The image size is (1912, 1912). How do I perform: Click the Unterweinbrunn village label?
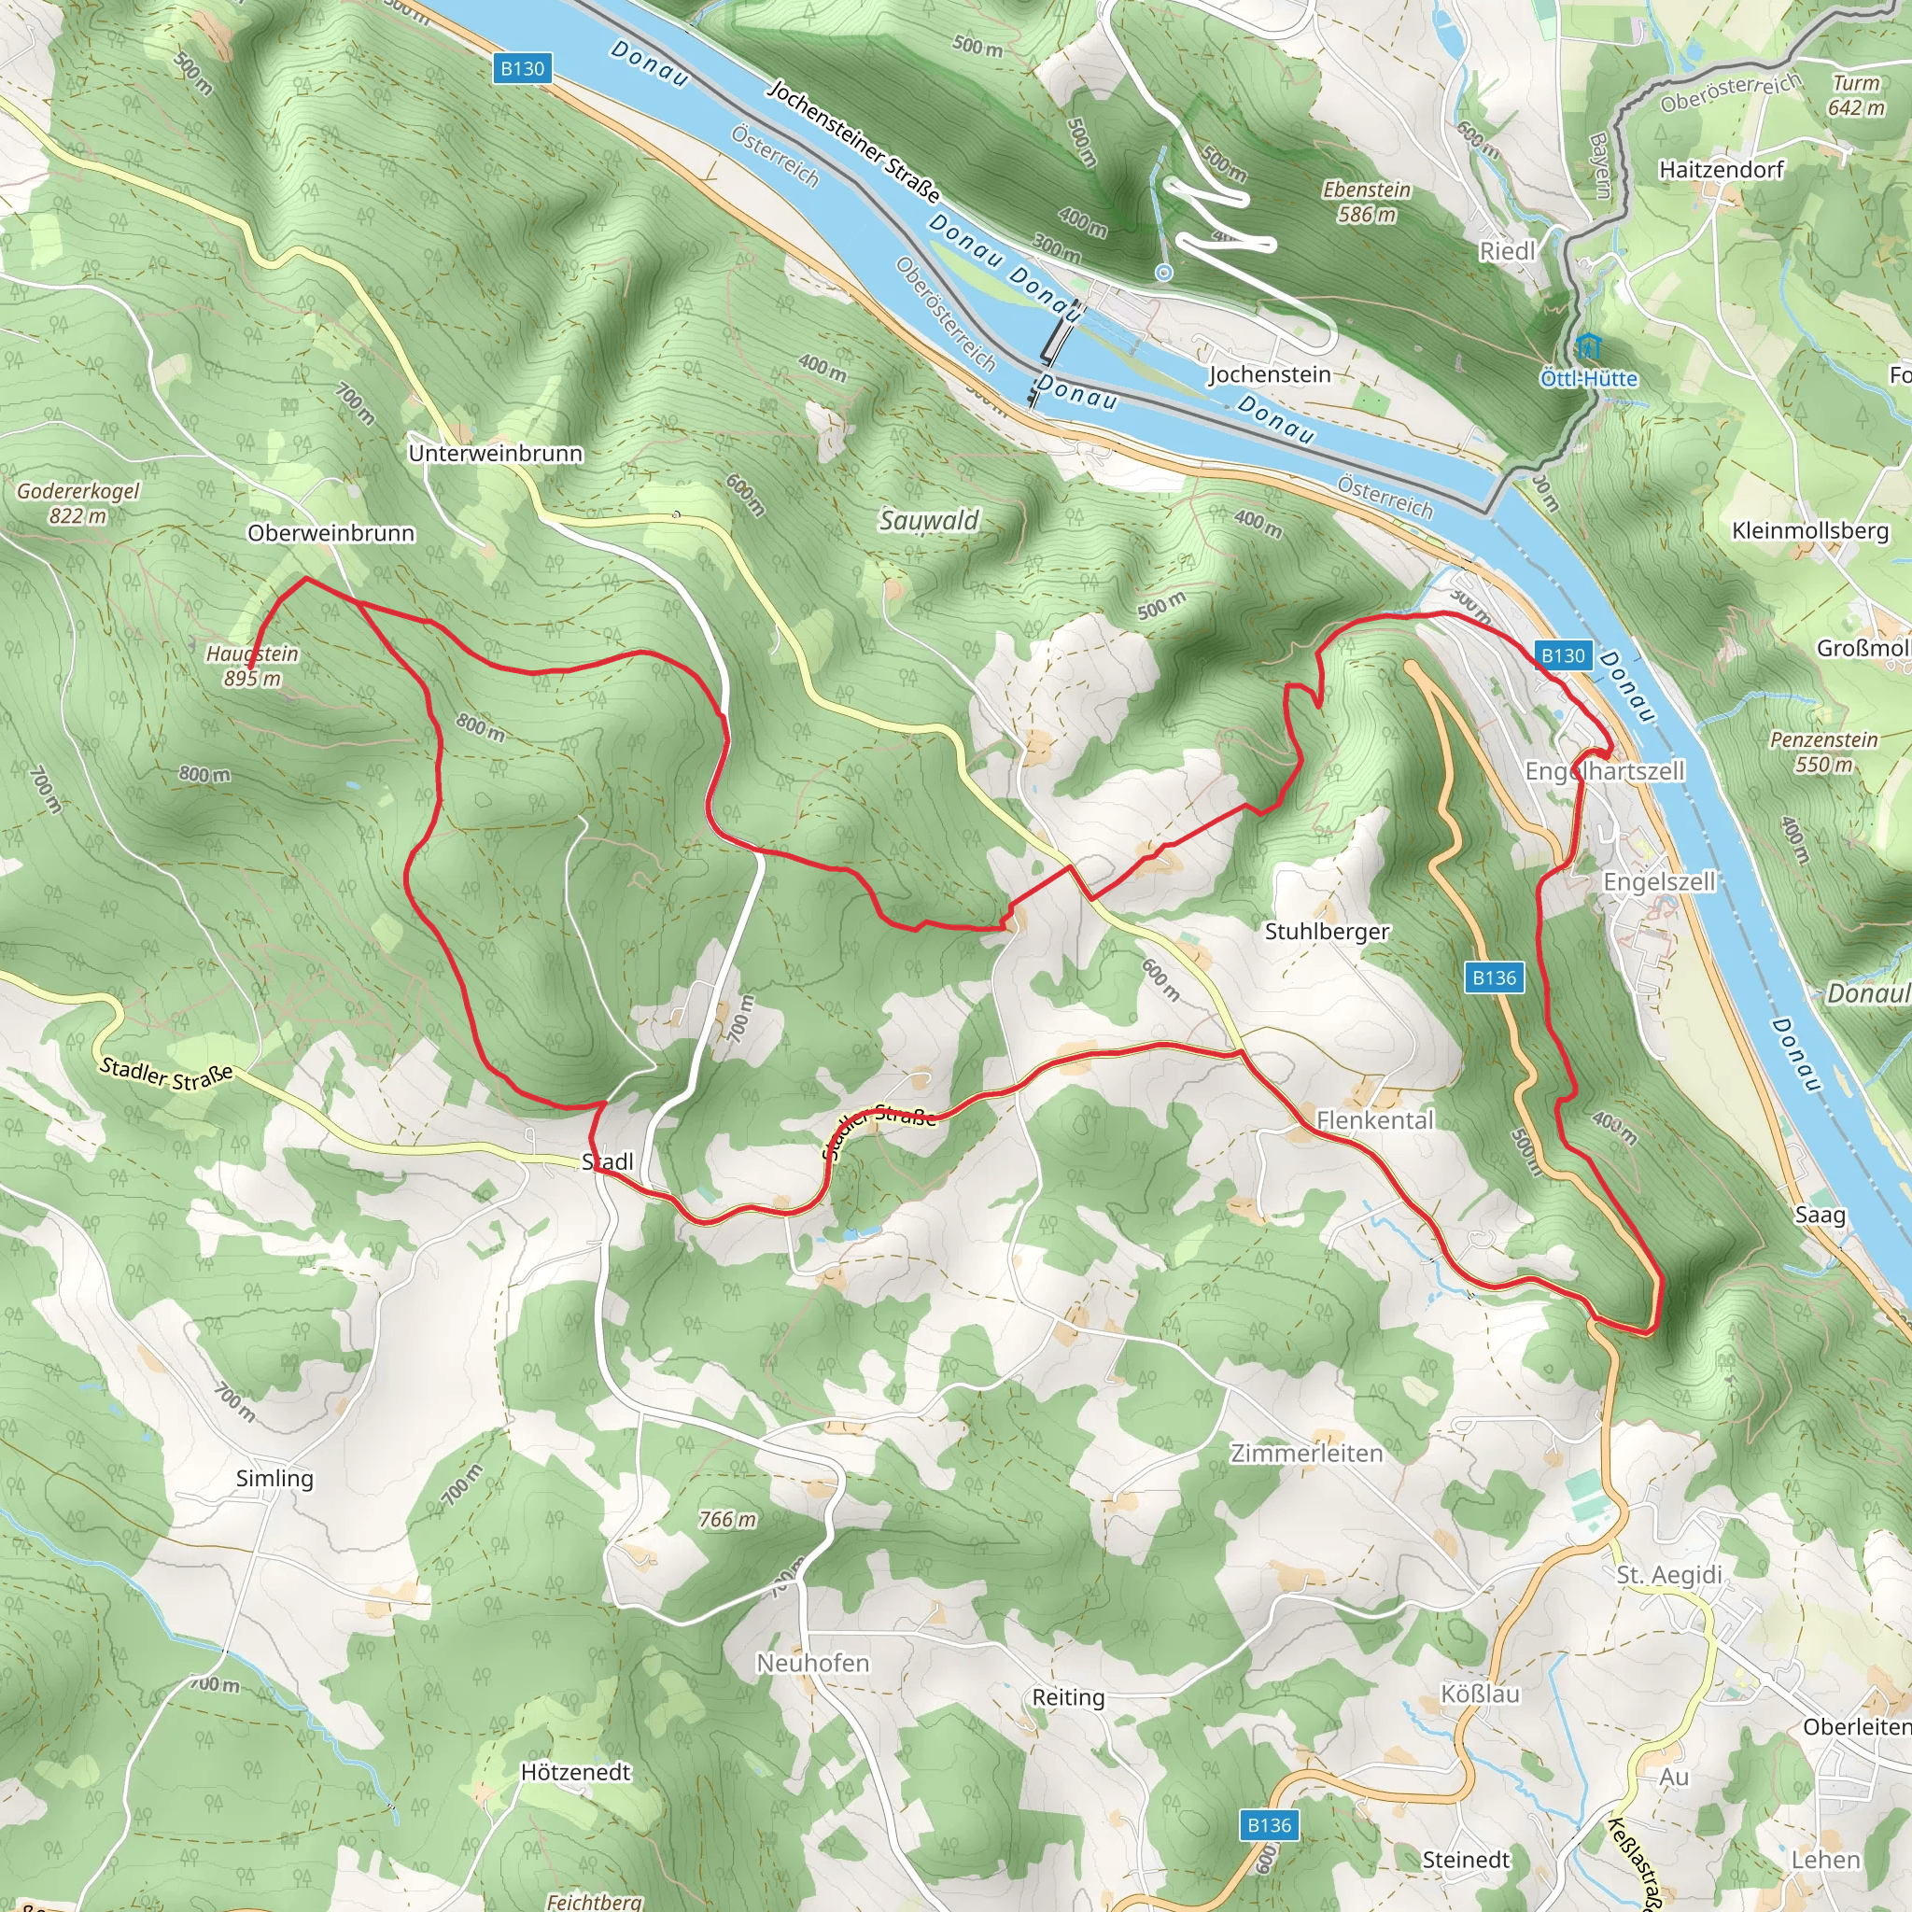(x=495, y=453)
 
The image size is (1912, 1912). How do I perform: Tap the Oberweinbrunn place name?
(x=330, y=533)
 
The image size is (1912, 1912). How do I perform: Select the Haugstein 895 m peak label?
(x=251, y=666)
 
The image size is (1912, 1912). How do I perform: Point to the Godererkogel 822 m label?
(x=78, y=503)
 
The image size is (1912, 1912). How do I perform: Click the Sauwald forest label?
(x=928, y=521)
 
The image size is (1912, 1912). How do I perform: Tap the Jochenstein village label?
(x=1269, y=375)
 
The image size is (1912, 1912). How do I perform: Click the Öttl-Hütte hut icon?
(x=1588, y=348)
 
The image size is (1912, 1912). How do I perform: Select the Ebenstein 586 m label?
(x=1367, y=202)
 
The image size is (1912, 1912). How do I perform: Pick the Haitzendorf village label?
(x=1721, y=170)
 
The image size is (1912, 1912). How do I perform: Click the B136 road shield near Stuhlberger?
(x=1494, y=977)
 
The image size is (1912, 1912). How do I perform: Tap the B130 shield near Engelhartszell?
(x=1563, y=655)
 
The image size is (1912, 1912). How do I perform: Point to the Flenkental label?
(x=1373, y=1120)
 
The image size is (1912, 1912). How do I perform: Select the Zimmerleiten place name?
(x=1305, y=1454)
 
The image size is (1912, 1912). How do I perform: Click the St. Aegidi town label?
(x=1668, y=1575)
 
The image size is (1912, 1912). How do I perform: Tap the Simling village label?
(x=274, y=1479)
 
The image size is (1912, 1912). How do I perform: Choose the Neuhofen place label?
(x=812, y=1664)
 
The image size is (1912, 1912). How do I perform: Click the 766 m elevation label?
(x=726, y=1519)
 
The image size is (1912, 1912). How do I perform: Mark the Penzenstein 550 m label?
(x=1823, y=752)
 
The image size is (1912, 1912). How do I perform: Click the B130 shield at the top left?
(x=522, y=68)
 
